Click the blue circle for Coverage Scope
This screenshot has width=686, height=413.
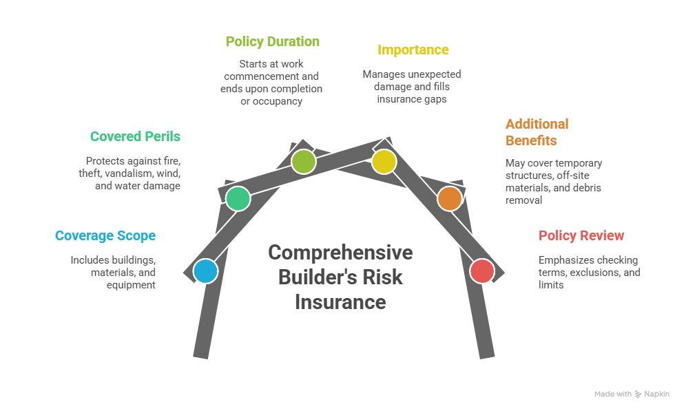tap(205, 271)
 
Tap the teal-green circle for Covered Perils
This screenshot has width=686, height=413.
tap(238, 198)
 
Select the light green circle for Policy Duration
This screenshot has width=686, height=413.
tap(303, 162)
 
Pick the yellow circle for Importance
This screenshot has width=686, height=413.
tap(384, 162)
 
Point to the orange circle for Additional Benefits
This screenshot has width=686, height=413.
tap(449, 198)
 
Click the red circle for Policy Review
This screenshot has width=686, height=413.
tap(482, 271)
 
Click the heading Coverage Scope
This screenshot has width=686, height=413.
tap(105, 235)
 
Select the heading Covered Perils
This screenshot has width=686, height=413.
tap(135, 136)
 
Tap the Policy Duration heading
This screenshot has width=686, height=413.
tap(272, 41)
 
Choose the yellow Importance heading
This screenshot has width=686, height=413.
tap(413, 50)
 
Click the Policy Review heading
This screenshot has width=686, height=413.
tap(581, 235)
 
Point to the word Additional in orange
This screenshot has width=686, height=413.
tap(537, 125)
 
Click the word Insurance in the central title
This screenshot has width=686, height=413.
tap(340, 301)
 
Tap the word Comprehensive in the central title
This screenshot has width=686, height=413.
tap(340, 253)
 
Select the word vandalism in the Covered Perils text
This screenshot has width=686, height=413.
tap(133, 173)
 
